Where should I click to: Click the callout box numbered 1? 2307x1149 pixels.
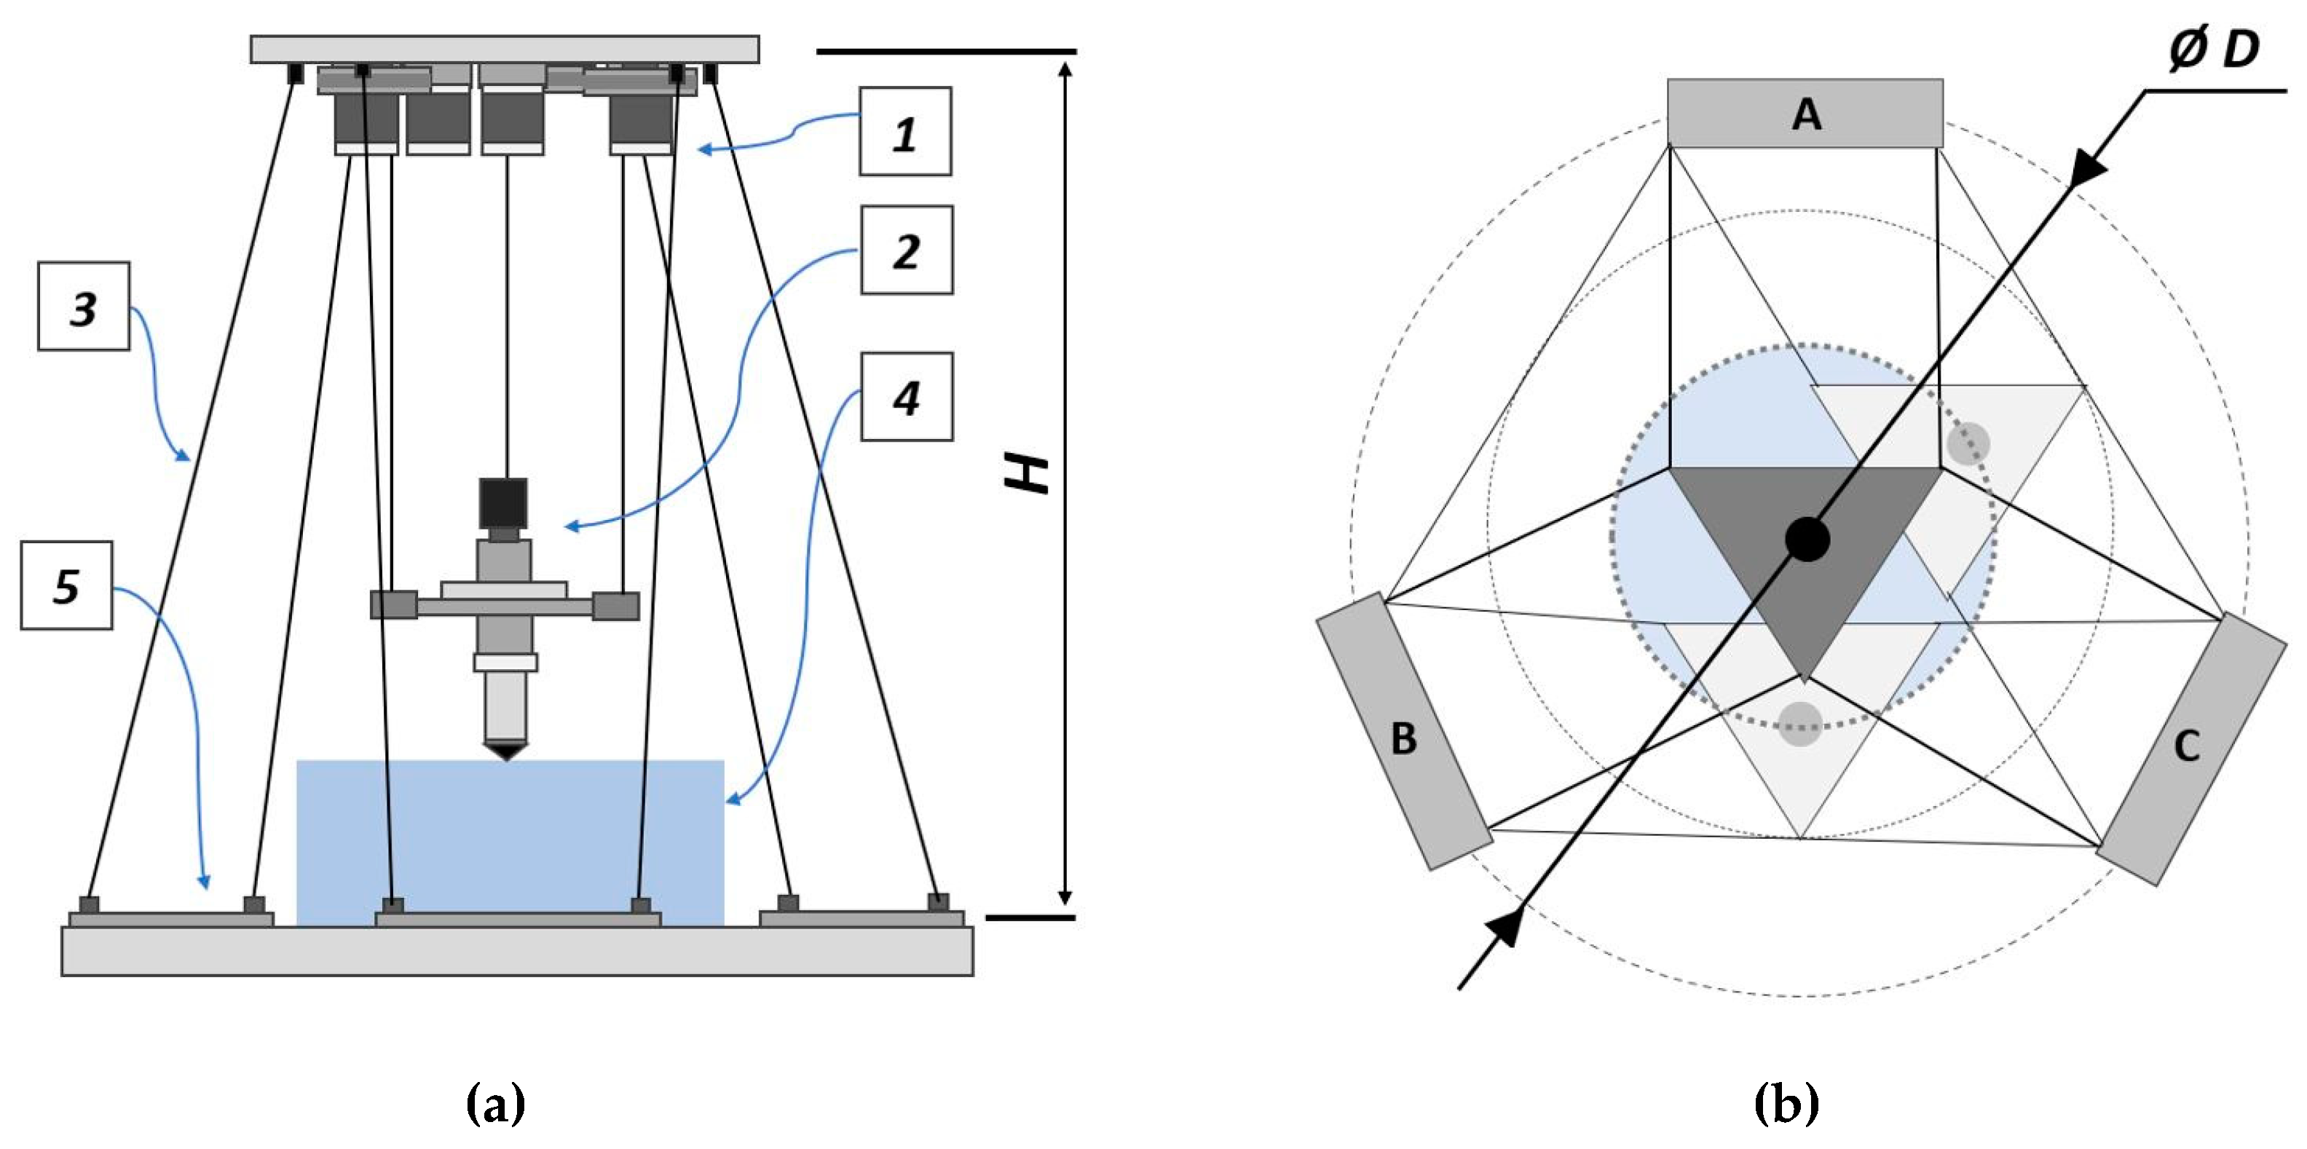pos(904,132)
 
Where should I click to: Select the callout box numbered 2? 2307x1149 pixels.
pos(907,250)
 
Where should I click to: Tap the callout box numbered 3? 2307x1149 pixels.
pos(83,307)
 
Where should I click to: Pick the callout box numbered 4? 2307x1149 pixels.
pos(907,397)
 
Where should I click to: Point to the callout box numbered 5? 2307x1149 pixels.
pos(66,585)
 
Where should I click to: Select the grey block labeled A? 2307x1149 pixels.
pos(1805,114)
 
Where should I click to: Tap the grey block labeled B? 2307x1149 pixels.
pos(1403,731)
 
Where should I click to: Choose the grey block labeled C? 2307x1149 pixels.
pos(2190,749)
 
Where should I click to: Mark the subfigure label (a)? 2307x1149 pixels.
pos(495,1105)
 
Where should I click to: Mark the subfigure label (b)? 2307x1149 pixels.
pos(1785,1105)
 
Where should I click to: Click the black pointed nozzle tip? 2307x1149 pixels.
pos(507,751)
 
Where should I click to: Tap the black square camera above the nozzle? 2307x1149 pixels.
pos(503,503)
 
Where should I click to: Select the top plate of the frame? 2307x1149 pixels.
pos(504,50)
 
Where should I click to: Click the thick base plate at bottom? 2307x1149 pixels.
pos(517,951)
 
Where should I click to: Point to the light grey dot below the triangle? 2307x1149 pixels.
pos(1800,724)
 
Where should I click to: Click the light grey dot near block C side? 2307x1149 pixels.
pos(1968,443)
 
